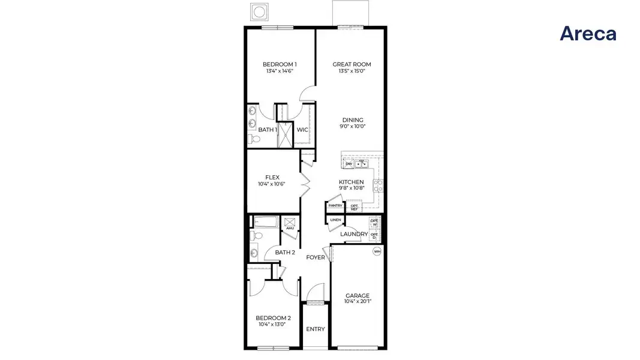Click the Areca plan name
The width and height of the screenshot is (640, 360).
tap(588, 34)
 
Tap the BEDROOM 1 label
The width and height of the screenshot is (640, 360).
tap(280, 64)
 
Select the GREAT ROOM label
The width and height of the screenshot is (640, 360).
tap(352, 64)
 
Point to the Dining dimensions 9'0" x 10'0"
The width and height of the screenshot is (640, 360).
tap(353, 127)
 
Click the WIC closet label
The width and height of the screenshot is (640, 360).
tap(302, 130)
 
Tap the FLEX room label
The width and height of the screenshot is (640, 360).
tap(272, 177)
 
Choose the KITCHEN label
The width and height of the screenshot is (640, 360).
tap(351, 182)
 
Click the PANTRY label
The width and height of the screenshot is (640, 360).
tap(335, 206)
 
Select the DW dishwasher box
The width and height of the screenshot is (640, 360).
tap(348, 164)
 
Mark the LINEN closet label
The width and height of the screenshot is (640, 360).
tap(335, 220)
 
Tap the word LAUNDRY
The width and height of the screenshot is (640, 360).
tap(354, 234)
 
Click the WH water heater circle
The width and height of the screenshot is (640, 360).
tap(377, 251)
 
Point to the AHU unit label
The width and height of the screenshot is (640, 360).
tap(290, 228)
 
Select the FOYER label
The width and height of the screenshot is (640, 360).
tap(316, 257)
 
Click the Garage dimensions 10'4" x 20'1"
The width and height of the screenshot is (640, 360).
tap(357, 302)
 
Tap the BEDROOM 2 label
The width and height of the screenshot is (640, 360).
tap(274, 318)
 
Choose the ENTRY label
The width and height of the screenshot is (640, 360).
tap(316, 329)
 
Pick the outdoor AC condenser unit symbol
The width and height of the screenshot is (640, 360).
tap(260, 11)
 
